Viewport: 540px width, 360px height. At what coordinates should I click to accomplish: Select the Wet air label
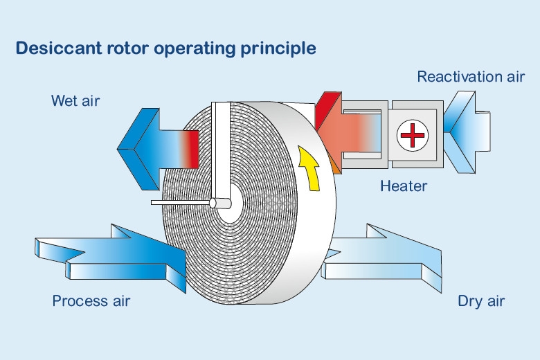tap(75, 101)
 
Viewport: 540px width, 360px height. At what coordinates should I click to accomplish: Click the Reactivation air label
tap(470, 77)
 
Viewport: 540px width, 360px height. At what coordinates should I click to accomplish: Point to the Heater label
tap(404, 186)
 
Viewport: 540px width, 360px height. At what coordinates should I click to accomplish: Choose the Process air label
tap(91, 301)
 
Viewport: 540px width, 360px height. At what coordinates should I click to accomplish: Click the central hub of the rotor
tap(221, 204)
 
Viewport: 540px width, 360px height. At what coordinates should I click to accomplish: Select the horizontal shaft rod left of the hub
tap(180, 203)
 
